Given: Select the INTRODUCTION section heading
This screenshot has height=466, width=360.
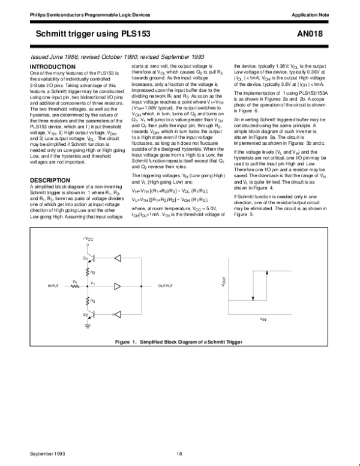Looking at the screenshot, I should (53, 66).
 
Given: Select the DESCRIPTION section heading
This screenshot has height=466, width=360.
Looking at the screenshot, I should (50, 180).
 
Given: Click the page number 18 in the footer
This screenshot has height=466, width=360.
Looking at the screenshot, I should (179, 453).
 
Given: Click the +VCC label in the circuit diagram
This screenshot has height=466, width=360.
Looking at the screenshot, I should (88, 238).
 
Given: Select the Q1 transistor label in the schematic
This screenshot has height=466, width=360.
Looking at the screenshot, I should (86, 258).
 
